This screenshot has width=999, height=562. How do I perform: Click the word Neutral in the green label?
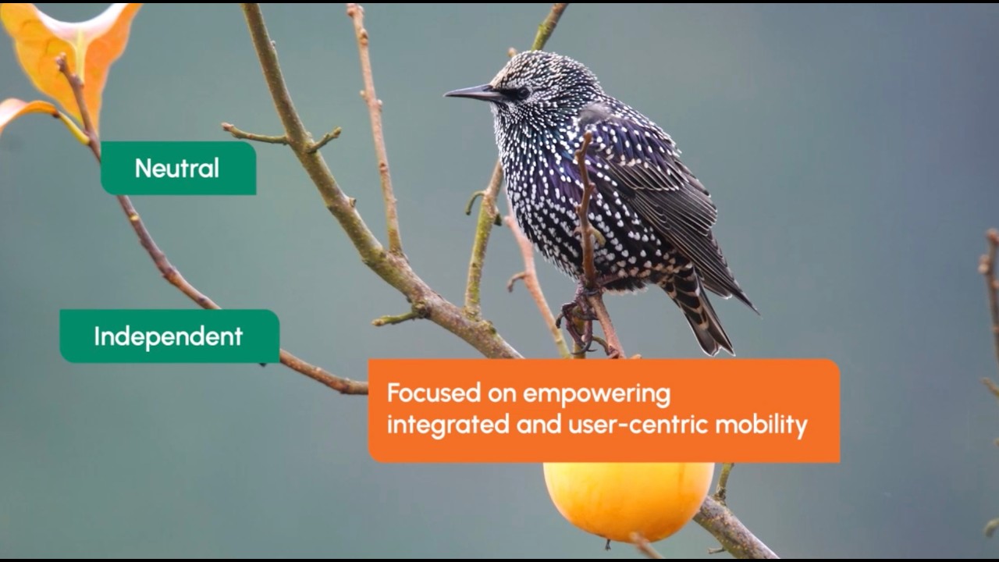[177, 168]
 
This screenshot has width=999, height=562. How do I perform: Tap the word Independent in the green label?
[169, 336]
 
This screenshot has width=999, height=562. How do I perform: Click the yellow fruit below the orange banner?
[627, 500]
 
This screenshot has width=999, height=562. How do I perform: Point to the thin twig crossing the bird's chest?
[585, 203]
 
